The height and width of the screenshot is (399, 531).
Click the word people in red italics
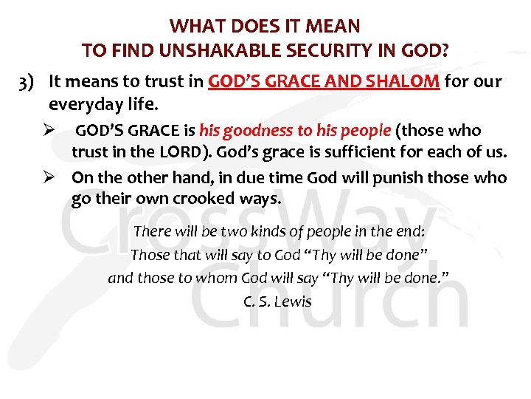pos(362,132)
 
